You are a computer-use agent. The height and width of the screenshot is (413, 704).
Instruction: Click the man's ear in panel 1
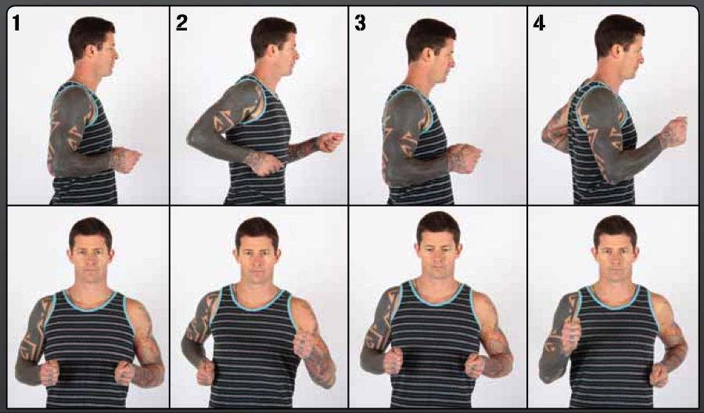coord(95,52)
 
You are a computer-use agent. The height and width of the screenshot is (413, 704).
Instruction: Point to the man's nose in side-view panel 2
coord(298,55)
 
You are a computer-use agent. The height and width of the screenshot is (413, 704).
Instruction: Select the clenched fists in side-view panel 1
coord(125,159)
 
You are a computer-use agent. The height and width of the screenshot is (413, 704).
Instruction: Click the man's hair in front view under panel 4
coord(614,228)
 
